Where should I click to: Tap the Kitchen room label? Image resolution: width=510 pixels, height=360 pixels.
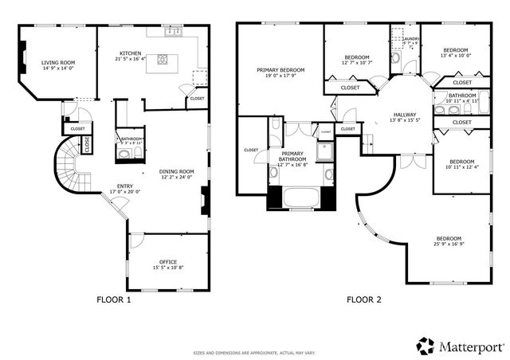tap(131, 53)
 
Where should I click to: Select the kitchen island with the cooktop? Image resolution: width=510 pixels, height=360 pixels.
tap(164, 59)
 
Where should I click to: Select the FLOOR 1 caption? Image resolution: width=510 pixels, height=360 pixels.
tap(113, 300)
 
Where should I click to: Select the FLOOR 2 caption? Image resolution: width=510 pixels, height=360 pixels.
tap(364, 300)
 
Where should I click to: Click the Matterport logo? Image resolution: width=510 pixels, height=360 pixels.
tap(460, 346)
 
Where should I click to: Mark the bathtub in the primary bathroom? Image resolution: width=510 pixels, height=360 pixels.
tap(298, 198)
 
